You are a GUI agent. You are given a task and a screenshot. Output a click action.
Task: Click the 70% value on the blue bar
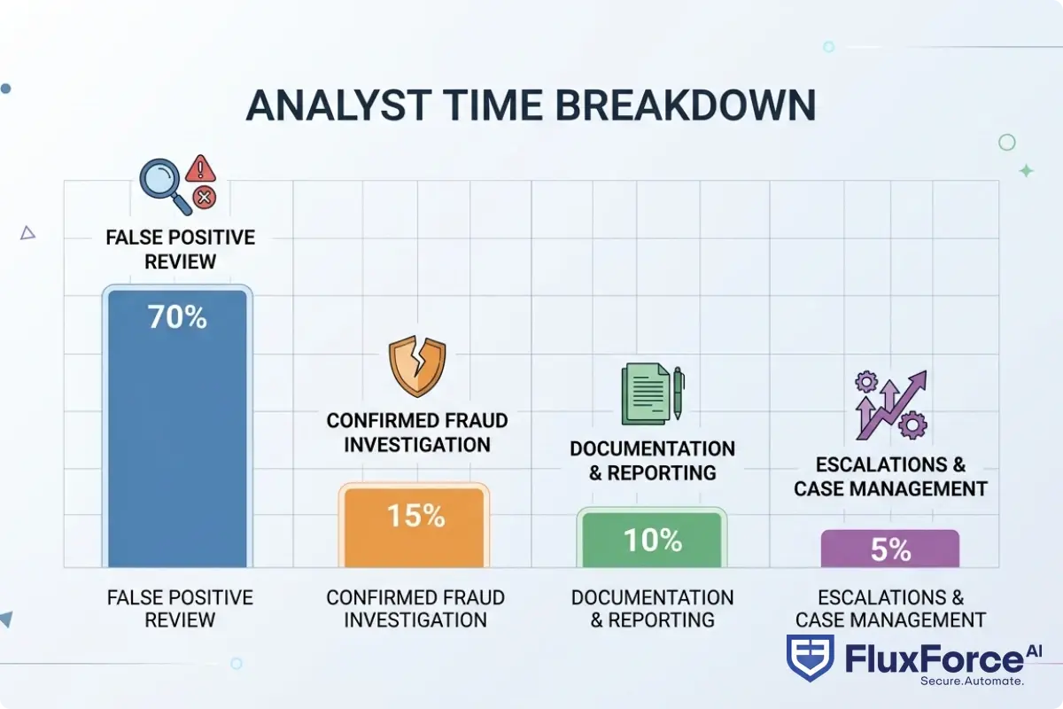click(177, 316)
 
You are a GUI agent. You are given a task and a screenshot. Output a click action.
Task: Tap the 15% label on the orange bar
click(415, 515)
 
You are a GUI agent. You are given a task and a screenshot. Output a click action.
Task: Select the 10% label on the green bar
click(653, 539)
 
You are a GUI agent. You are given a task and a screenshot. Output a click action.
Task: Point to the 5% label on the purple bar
click(890, 549)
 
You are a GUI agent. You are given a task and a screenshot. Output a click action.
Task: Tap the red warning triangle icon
click(203, 167)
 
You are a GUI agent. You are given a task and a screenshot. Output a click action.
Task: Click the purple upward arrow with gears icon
click(890, 405)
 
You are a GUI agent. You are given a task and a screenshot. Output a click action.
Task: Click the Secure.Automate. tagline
click(972, 681)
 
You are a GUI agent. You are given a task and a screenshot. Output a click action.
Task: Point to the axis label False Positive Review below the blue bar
click(180, 608)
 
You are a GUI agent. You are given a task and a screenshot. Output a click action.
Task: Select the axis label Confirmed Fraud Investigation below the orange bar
click(415, 608)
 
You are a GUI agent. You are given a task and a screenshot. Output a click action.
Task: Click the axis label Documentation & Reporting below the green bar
click(653, 608)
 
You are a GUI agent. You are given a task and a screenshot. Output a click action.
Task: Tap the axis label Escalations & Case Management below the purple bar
click(890, 608)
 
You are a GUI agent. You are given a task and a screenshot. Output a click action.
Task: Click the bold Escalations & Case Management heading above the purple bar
click(890, 477)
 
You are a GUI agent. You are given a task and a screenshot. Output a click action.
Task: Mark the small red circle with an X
click(205, 197)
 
